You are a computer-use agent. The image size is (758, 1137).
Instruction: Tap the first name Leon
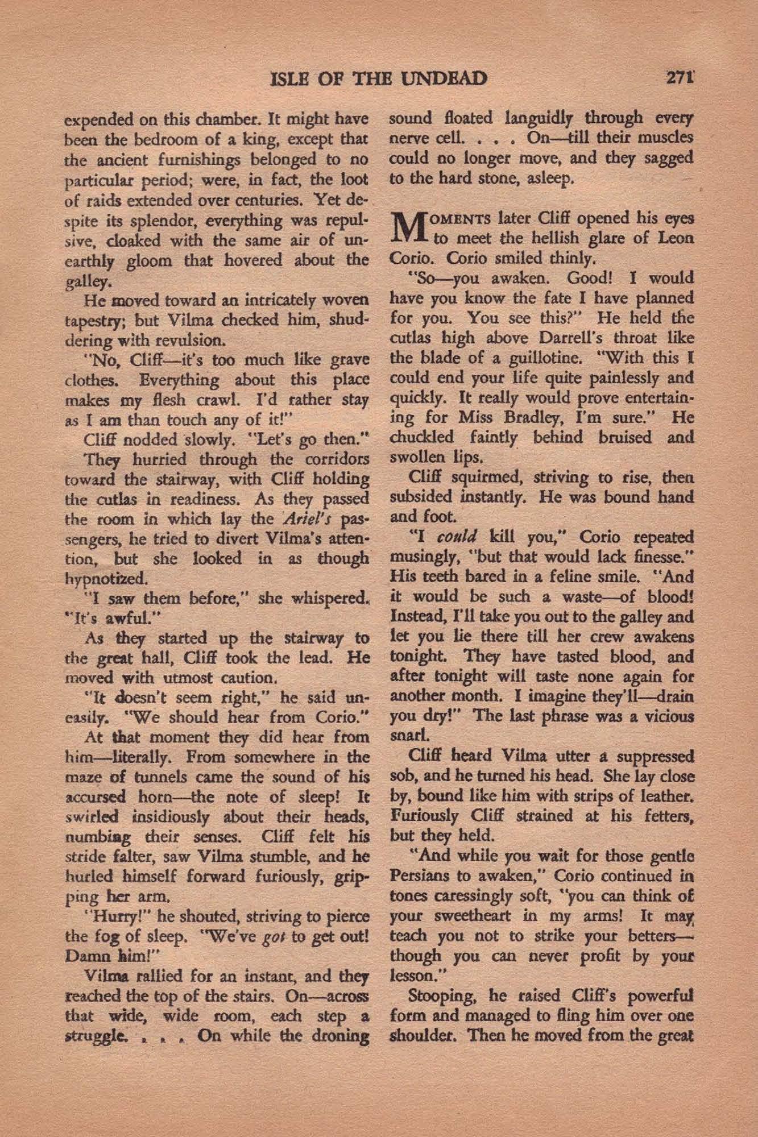click(676, 238)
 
